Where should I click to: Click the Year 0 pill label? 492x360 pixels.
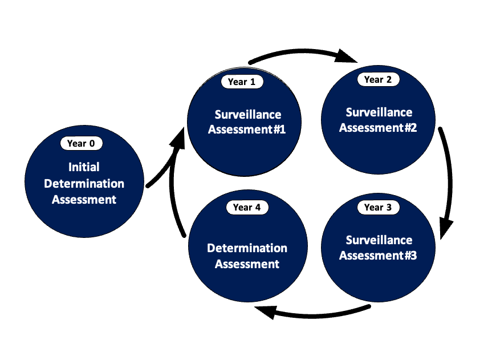pos(81,143)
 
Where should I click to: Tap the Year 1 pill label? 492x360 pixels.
pos(242,82)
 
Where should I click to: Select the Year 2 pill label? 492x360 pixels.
pos(378,79)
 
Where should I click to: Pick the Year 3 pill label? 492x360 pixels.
pos(378,207)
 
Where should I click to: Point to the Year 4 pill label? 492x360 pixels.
pos(247,207)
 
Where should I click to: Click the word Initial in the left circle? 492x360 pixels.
pos(84,167)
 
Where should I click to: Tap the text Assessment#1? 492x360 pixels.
pos(246,129)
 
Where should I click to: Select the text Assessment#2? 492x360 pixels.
pos(378,127)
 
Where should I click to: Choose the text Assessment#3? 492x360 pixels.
pos(378,255)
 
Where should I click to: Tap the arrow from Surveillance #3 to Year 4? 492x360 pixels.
pos(314,313)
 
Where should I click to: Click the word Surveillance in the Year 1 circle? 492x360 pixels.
pos(248,114)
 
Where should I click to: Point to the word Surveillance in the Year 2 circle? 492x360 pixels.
pos(379,112)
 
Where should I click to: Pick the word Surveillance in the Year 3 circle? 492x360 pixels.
pos(379,240)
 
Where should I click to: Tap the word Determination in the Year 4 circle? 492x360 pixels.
pos(247,248)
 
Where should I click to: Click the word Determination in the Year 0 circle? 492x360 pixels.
pos(84,183)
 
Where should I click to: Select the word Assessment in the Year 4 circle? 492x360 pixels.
pos(247,264)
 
